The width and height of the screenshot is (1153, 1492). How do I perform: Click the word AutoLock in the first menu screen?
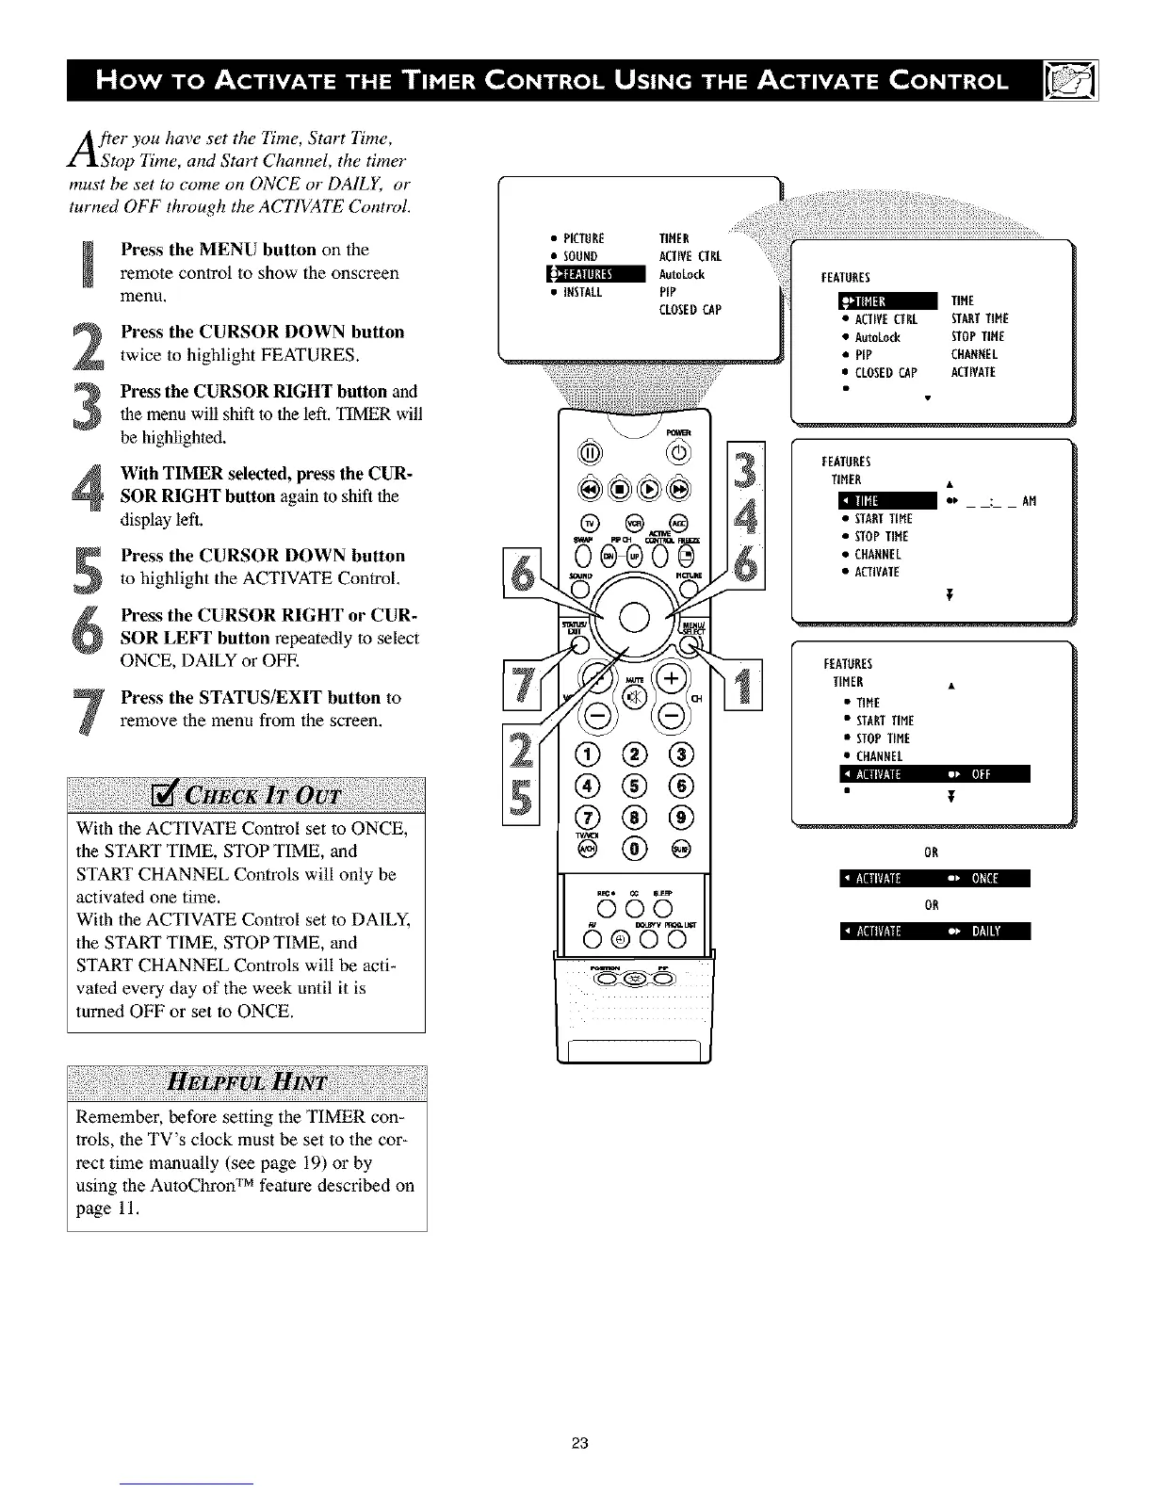click(x=681, y=275)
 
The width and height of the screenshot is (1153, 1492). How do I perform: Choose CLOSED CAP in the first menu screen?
click(x=690, y=310)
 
